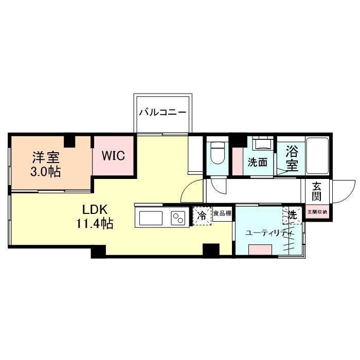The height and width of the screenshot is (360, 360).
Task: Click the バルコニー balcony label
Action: [x=163, y=113]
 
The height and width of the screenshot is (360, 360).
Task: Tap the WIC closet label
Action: [x=113, y=156]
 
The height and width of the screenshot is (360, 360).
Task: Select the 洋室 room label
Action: [x=46, y=157]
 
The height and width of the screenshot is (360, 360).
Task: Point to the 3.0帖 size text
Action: [x=45, y=171]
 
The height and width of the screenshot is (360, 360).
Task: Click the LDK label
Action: [x=95, y=209]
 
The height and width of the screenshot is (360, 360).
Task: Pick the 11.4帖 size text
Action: [x=95, y=223]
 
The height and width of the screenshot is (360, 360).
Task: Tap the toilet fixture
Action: [x=217, y=152]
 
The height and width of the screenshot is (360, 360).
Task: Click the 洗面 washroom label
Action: [x=258, y=163]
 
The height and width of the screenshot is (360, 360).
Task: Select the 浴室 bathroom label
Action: [x=292, y=159]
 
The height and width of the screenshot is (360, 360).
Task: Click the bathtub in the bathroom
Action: [x=317, y=156]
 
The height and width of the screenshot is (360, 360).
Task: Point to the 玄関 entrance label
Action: [x=317, y=191]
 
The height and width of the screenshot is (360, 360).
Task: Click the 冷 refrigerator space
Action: [x=202, y=216]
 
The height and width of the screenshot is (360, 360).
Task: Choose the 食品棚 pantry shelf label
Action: [x=222, y=213]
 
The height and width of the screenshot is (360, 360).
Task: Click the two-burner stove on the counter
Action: [x=178, y=218]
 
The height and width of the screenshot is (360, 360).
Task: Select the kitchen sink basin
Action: [x=151, y=218]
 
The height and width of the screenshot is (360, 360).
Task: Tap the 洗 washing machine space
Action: [x=292, y=215]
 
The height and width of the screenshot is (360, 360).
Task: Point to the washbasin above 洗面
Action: [x=263, y=144]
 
